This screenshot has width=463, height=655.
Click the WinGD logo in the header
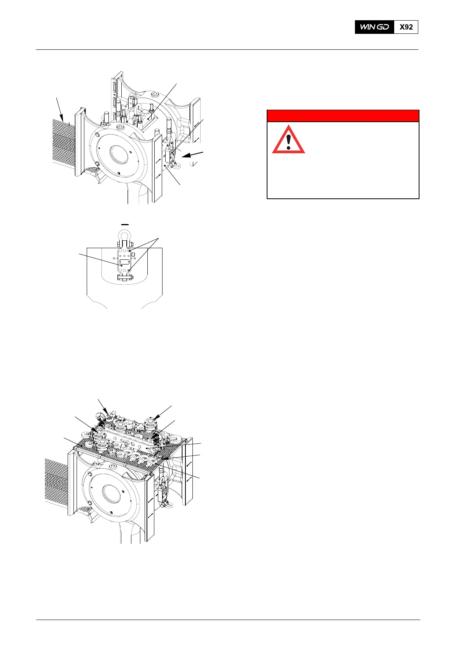click(x=374, y=27)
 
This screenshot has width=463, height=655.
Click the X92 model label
click(x=406, y=27)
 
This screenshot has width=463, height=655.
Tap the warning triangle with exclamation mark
click(x=288, y=140)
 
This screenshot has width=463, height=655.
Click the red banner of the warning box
click(x=342, y=116)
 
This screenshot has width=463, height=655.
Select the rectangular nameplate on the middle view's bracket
click(x=124, y=262)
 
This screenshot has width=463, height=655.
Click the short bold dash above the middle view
click(x=124, y=224)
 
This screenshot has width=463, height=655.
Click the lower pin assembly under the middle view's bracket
click(x=125, y=277)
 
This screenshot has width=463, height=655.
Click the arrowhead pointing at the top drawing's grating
click(x=62, y=116)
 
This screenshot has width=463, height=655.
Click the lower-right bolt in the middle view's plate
click(x=129, y=269)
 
